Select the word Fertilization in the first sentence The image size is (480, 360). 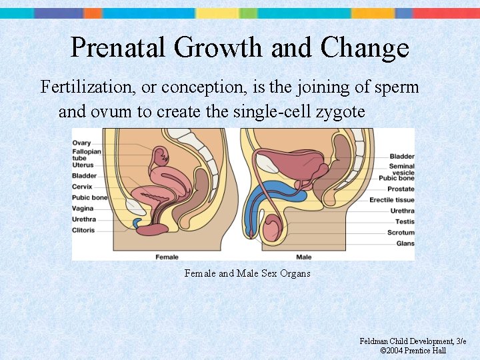86,87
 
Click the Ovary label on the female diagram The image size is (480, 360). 81,143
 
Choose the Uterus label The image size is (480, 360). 83,165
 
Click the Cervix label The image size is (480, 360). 83,187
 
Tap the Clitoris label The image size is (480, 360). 84,231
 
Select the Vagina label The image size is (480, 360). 83,209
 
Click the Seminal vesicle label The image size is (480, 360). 402,170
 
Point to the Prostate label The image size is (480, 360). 401,189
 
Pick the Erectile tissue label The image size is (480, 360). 392,200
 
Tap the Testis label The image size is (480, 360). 405,221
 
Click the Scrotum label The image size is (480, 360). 401,233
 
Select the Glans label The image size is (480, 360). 405,243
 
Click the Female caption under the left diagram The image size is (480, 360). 167,257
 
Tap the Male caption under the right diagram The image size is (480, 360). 303,257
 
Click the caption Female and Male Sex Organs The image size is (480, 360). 247,273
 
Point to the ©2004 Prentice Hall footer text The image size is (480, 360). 413,351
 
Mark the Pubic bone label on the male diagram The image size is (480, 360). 397,179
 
